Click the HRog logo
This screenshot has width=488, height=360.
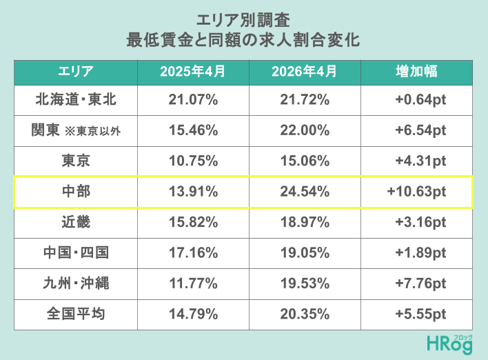point(449,344)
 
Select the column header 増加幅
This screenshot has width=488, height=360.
point(416,71)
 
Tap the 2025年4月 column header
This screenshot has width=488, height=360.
point(192,71)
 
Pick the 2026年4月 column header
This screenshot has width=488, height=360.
point(305,71)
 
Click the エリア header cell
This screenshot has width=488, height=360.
point(76,71)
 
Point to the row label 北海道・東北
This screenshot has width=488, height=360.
point(76,99)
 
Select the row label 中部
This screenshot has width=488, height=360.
point(76,191)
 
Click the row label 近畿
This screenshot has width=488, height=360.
point(76,222)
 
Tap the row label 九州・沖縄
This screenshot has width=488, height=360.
point(76,283)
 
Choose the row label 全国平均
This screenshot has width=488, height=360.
point(76,314)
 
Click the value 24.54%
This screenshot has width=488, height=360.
point(305,192)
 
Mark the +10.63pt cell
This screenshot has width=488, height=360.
point(416,192)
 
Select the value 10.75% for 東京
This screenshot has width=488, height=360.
point(193,161)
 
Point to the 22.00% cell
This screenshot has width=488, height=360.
point(305,130)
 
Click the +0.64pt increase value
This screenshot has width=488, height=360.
point(420,100)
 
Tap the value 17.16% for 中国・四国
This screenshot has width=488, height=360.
point(193,252)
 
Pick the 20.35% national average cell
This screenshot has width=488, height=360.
point(305,314)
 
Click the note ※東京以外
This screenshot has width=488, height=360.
point(93,131)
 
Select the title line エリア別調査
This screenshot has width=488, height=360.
point(243,21)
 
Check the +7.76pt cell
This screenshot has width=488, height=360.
point(420,283)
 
